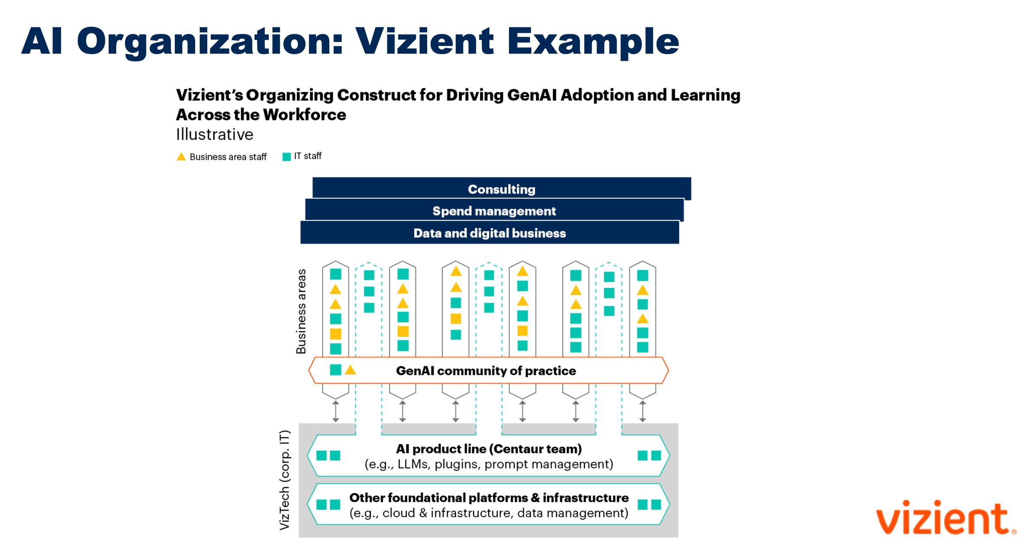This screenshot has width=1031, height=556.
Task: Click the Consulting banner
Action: [501, 189]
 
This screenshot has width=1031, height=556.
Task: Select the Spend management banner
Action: [494, 211]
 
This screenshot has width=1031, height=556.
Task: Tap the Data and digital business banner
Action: [490, 233]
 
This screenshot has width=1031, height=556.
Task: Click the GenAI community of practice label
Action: [486, 371]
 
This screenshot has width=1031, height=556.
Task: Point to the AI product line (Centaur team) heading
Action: [489, 449]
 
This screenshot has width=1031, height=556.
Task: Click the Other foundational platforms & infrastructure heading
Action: [489, 498]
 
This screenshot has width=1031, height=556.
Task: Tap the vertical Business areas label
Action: [301, 311]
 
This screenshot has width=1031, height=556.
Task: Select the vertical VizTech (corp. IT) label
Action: [284, 480]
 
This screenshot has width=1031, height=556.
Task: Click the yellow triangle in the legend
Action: [181, 157]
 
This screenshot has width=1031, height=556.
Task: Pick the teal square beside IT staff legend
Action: [286, 157]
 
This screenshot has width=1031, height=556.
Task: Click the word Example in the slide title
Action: [593, 42]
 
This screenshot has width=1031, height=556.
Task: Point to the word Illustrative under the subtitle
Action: [214, 135]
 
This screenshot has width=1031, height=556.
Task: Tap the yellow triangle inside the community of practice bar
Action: [350, 370]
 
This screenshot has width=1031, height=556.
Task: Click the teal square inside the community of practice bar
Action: [335, 370]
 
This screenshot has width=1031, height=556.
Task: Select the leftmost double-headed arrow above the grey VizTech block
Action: [335, 411]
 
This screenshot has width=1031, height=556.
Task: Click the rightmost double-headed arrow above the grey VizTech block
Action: [642, 411]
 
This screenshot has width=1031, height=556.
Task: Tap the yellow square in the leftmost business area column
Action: [335, 334]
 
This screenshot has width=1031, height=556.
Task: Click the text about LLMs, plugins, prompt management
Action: [489, 464]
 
